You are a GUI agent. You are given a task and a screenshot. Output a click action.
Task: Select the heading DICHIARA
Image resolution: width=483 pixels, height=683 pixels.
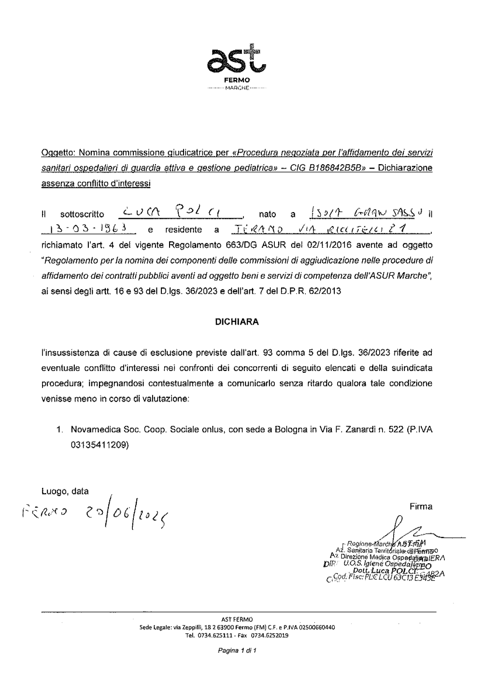(237, 322)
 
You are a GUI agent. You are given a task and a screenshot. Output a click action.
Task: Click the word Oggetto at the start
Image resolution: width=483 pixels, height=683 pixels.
(57, 153)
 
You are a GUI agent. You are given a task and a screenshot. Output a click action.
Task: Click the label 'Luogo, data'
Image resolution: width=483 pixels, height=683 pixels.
(65, 492)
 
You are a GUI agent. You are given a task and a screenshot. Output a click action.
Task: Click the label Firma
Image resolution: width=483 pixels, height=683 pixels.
(421, 507)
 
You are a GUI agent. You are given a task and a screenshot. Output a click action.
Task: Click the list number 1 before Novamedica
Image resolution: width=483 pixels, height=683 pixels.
(59, 429)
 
